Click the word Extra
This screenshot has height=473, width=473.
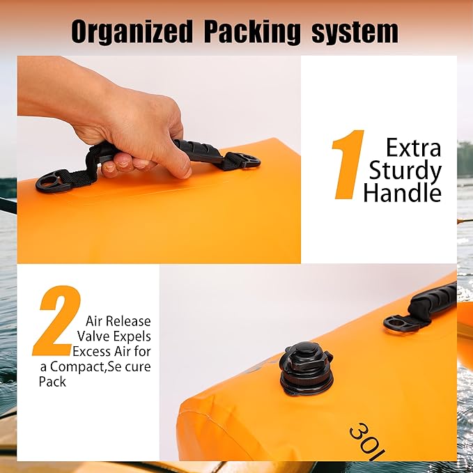coord(413,148)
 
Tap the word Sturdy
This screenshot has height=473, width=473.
coord(405,171)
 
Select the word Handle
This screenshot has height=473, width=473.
coord(402,193)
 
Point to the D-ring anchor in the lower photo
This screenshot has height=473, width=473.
coord(399,324)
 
